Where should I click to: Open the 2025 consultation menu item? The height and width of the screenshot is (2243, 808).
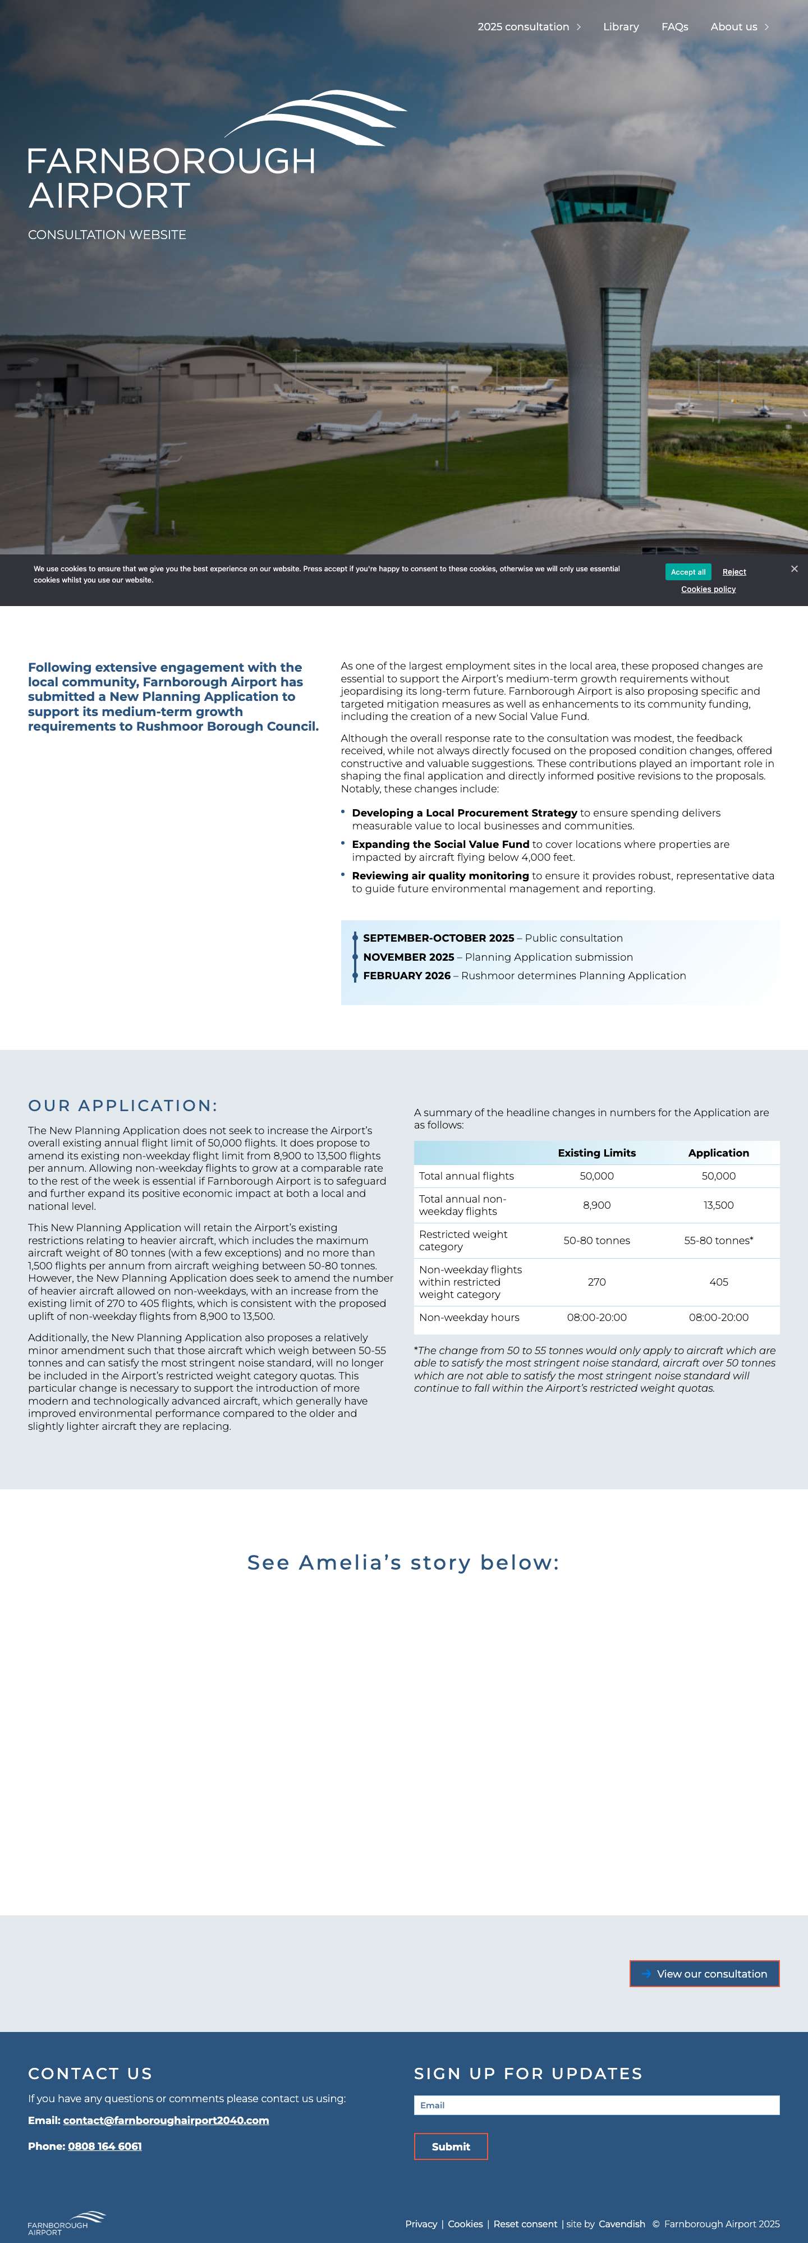click(524, 27)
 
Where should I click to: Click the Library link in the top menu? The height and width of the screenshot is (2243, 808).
click(621, 27)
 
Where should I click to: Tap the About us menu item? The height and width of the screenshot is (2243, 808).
click(734, 27)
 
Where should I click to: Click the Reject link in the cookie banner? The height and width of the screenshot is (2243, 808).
click(734, 572)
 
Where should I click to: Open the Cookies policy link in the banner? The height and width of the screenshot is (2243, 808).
click(708, 589)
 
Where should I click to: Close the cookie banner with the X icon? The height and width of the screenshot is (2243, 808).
click(794, 568)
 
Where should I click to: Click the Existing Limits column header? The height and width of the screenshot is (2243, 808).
click(596, 1153)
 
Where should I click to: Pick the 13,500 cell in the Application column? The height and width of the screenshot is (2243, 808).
click(718, 1205)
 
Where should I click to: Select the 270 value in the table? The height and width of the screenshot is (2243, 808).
click(596, 1282)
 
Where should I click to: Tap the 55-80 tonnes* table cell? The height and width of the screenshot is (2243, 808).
click(718, 1240)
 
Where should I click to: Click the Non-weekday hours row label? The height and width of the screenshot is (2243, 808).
click(469, 1318)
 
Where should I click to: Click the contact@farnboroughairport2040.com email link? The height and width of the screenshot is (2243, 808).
click(166, 2120)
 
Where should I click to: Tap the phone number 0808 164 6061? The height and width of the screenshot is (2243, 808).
click(104, 2146)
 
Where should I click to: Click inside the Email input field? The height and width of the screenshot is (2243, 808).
click(596, 2106)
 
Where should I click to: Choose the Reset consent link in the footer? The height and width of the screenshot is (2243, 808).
click(525, 2224)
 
